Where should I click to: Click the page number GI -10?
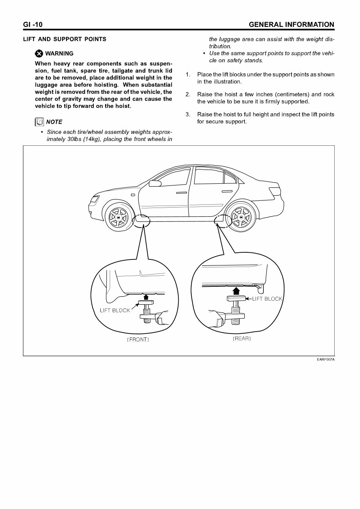coord(33,25)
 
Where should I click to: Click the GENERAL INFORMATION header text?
coord(291,25)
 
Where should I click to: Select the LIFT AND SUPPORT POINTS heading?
coord(65,39)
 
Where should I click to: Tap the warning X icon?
coord(39,54)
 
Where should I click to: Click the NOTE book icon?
coord(39,122)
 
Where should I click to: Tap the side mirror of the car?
coord(155,183)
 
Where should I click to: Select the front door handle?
coord(181,193)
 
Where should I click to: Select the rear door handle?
coord(227,192)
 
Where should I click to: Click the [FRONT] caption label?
coord(137,340)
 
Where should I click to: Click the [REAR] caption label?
coord(242,339)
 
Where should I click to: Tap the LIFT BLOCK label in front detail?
coord(114,311)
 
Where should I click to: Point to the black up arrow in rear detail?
coord(236,291)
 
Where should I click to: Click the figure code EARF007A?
coord(326,360)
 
